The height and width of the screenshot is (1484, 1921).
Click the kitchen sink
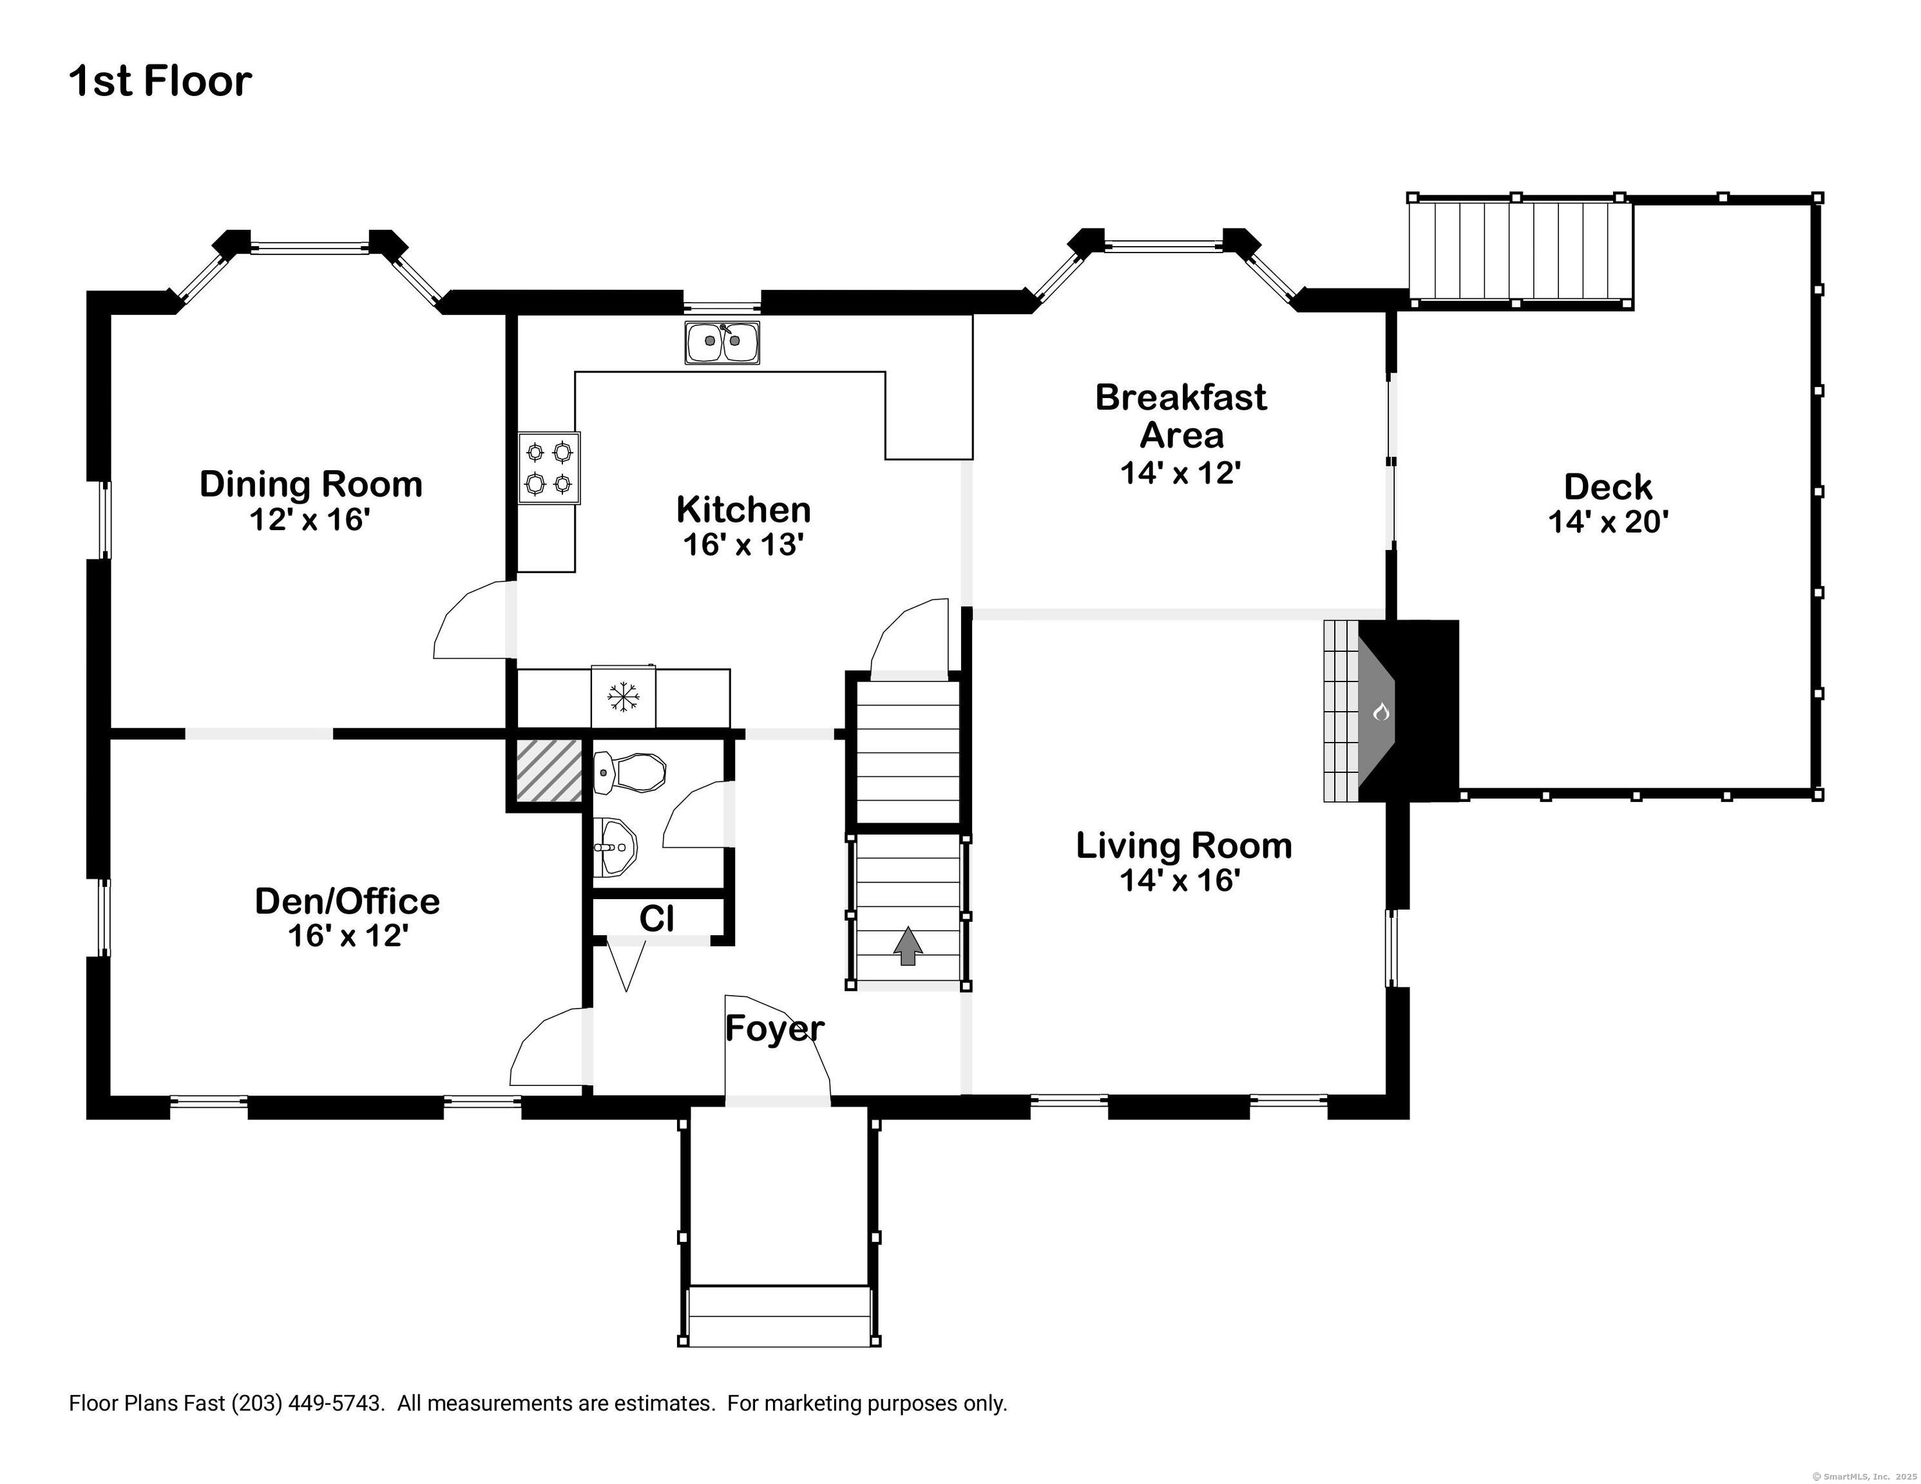point(722,342)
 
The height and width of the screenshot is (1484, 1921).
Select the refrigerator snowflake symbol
point(624,697)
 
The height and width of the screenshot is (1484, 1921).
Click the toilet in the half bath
point(630,772)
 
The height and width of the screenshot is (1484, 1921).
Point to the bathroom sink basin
point(616,847)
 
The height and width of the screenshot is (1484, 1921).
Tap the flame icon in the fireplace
point(1381,711)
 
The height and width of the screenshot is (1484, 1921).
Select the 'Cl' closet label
point(656,918)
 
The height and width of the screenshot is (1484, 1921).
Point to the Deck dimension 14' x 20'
point(1608,522)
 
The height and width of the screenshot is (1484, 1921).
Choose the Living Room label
point(1184,845)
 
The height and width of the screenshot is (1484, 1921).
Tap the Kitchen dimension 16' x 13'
point(744,544)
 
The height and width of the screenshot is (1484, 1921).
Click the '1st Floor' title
point(160,81)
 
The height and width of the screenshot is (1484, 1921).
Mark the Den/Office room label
point(347,901)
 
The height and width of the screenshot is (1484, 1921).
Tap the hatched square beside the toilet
point(549,770)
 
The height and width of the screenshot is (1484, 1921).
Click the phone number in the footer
point(308,1403)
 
